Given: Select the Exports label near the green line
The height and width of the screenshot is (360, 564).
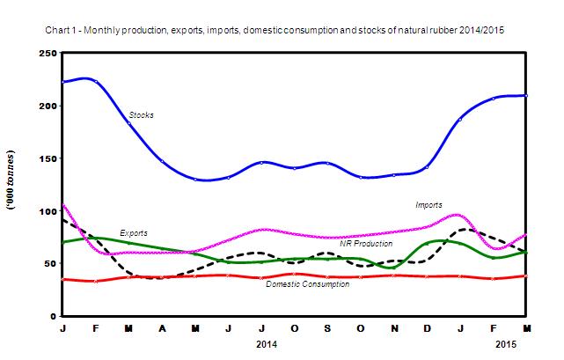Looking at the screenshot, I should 134,232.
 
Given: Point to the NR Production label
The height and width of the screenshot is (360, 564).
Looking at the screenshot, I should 367,243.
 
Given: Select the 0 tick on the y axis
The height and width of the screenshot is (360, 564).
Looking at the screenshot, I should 53,316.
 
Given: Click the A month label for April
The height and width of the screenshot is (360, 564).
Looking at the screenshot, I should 162,328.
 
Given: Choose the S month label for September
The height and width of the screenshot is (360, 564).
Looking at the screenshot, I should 327,328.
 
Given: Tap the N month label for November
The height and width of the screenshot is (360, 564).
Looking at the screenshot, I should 393,328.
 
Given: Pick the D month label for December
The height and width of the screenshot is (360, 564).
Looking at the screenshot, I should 427,328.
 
